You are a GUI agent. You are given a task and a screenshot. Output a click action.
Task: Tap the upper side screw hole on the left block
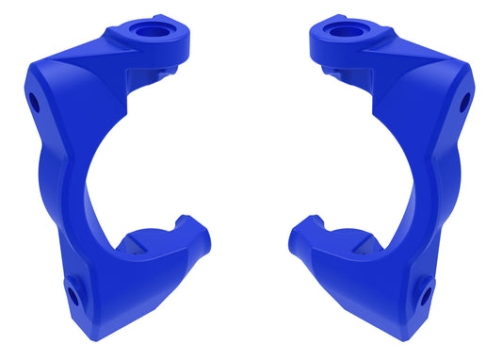click(35, 100)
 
